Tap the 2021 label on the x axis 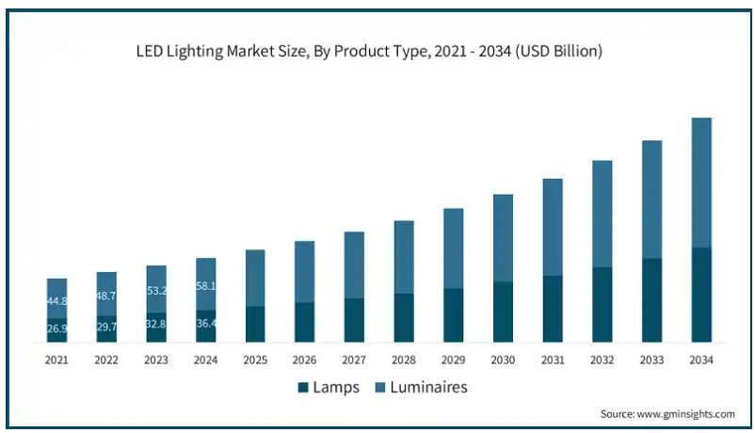pyautogui.click(x=56, y=361)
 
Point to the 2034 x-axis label pyautogui.click(x=701, y=361)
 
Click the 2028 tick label pyautogui.click(x=404, y=361)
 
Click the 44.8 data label pyautogui.click(x=56, y=301)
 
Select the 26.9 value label pyautogui.click(x=56, y=329)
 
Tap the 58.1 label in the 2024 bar pyautogui.click(x=205, y=286)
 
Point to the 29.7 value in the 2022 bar pyautogui.click(x=106, y=327)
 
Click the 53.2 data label pyautogui.click(x=156, y=291)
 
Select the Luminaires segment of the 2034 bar pyautogui.click(x=701, y=183)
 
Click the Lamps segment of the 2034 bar pyautogui.click(x=701, y=295)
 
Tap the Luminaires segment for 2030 pyautogui.click(x=503, y=238)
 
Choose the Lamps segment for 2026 pyautogui.click(x=305, y=322)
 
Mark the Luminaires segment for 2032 pyautogui.click(x=602, y=214)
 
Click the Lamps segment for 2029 pyautogui.click(x=454, y=314)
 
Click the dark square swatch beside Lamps pyautogui.click(x=303, y=387)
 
